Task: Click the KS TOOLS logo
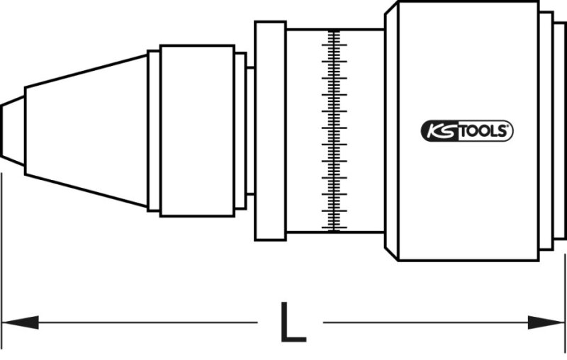(467, 131)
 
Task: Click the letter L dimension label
(293, 322)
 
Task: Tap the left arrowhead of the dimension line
(21, 322)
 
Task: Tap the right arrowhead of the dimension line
(546, 322)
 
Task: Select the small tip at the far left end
(13, 131)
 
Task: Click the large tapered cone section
(86, 131)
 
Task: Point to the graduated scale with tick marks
(334, 131)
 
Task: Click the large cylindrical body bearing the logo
(468, 131)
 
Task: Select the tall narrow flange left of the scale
(271, 131)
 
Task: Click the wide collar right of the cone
(198, 131)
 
